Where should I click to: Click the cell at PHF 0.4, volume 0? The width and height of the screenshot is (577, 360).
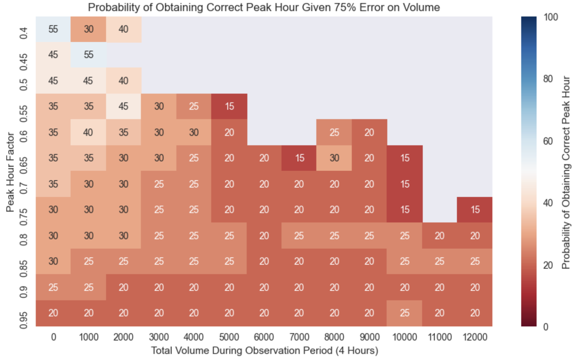[53, 29]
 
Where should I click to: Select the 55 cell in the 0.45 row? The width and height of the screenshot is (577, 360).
[88, 55]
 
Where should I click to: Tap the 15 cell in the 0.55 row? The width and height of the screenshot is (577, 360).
[229, 106]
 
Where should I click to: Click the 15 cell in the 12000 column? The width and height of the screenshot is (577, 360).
[475, 210]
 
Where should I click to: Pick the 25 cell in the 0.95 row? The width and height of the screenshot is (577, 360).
[404, 313]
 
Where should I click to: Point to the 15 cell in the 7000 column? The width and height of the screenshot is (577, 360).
[299, 158]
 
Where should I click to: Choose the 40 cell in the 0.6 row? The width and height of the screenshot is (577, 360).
[88, 132]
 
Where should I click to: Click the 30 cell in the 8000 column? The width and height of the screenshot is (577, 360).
[334, 158]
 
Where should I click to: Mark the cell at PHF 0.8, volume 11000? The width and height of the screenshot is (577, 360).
[439, 236]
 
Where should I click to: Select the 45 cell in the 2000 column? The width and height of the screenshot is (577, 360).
[123, 106]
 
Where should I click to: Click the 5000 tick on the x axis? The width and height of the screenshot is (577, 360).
[229, 337]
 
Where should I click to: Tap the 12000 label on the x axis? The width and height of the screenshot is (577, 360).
[475, 337]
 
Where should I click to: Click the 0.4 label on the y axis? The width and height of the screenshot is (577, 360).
[23, 33]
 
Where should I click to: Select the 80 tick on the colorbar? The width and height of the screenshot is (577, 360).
[548, 79]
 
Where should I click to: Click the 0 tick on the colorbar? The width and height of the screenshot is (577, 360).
[546, 327]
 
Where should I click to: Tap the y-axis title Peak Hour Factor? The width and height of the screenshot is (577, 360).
[10, 172]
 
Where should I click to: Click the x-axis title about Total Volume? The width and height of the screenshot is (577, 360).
[264, 351]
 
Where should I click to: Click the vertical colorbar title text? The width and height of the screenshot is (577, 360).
[566, 172]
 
